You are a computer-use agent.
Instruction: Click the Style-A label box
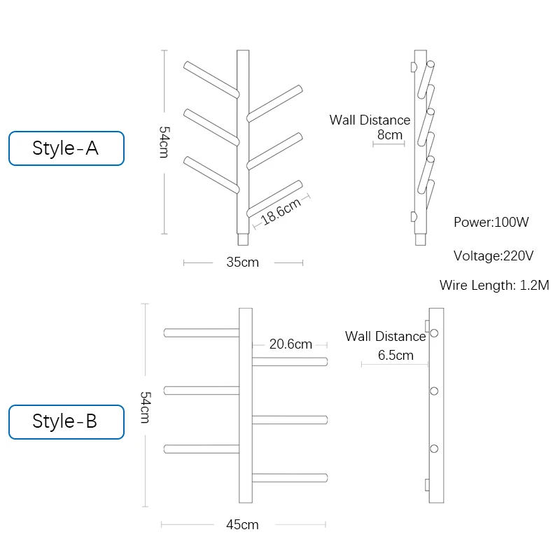point(66,148)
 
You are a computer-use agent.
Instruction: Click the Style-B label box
point(66,421)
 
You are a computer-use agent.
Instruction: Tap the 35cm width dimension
point(243,262)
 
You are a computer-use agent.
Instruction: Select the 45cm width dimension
point(243,524)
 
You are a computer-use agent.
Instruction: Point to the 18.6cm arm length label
point(281,211)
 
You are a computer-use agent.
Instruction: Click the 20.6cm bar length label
point(290,344)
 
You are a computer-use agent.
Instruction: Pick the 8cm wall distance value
point(390,134)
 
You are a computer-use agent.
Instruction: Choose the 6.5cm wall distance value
point(395,355)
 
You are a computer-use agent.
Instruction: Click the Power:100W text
point(491,223)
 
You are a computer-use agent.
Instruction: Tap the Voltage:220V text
point(493,255)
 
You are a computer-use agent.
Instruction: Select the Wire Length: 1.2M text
point(494,285)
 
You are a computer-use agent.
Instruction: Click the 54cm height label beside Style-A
point(164,141)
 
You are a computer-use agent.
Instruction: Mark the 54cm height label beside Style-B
point(145,407)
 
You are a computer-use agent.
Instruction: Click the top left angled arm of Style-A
point(211,78)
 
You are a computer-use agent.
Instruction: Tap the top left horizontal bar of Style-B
point(202,332)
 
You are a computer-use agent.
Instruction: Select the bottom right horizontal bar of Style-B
point(290,478)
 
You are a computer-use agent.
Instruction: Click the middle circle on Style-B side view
point(434,391)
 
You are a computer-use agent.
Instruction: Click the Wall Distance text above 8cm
point(370,120)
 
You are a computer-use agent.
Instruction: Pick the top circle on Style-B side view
point(434,333)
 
